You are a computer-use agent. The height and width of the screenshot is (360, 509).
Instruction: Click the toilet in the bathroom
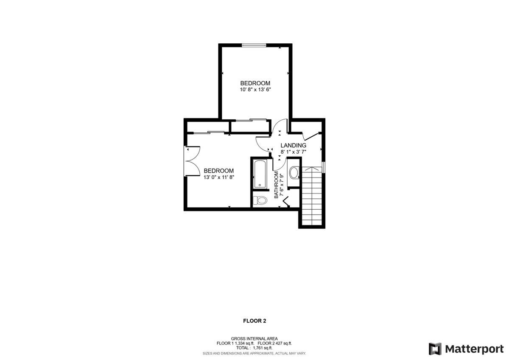point(260,200)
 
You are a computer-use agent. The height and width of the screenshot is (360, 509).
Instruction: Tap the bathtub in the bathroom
point(260,174)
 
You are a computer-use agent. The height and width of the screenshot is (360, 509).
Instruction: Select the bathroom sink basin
point(294,173)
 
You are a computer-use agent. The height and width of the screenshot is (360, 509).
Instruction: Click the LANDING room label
point(294,145)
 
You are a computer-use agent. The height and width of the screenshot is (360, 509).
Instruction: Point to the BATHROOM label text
point(276,185)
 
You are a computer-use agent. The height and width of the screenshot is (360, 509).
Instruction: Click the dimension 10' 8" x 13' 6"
point(255,90)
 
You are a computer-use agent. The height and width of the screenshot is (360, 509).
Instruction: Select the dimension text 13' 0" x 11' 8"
point(219,177)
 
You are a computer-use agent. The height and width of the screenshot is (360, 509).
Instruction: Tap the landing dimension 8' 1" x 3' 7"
point(294,152)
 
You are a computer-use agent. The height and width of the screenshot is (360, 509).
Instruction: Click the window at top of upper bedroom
point(254,45)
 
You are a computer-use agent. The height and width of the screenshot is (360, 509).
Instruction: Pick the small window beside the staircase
point(324,167)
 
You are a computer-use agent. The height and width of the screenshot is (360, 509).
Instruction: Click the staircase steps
point(312,196)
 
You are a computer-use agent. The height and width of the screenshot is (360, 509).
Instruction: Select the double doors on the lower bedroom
point(193,161)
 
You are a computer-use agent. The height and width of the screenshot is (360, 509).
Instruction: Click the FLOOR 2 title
point(255,321)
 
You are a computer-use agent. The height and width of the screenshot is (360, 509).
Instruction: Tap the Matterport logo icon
point(435,349)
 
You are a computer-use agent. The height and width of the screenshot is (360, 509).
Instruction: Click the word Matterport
point(474,349)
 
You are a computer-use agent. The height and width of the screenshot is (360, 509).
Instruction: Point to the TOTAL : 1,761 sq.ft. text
point(254,348)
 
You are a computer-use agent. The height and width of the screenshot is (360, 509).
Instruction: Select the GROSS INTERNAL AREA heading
point(254,339)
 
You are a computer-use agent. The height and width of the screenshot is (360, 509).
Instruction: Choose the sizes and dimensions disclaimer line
point(254,353)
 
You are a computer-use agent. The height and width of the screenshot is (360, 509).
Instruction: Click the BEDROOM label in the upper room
point(255,83)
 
